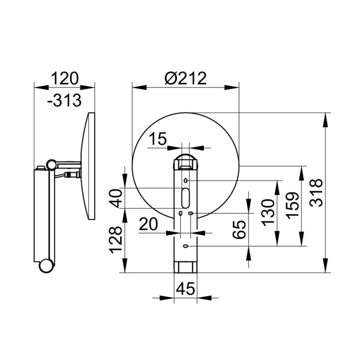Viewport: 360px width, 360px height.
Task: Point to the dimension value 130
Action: click(x=268, y=211)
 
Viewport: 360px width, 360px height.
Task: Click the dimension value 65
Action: click(x=239, y=229)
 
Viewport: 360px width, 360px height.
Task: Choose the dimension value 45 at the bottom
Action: click(x=187, y=289)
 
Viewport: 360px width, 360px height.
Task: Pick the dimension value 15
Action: click(x=158, y=139)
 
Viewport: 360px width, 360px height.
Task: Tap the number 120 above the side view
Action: click(x=65, y=79)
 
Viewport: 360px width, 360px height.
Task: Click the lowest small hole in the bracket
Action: click(x=186, y=246)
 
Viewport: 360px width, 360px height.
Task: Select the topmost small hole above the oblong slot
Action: click(x=186, y=181)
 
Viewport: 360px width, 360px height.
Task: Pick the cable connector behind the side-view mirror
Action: click(x=73, y=176)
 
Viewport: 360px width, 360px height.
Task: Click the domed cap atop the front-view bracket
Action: click(x=186, y=161)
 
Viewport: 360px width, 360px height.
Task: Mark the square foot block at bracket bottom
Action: click(x=186, y=266)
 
